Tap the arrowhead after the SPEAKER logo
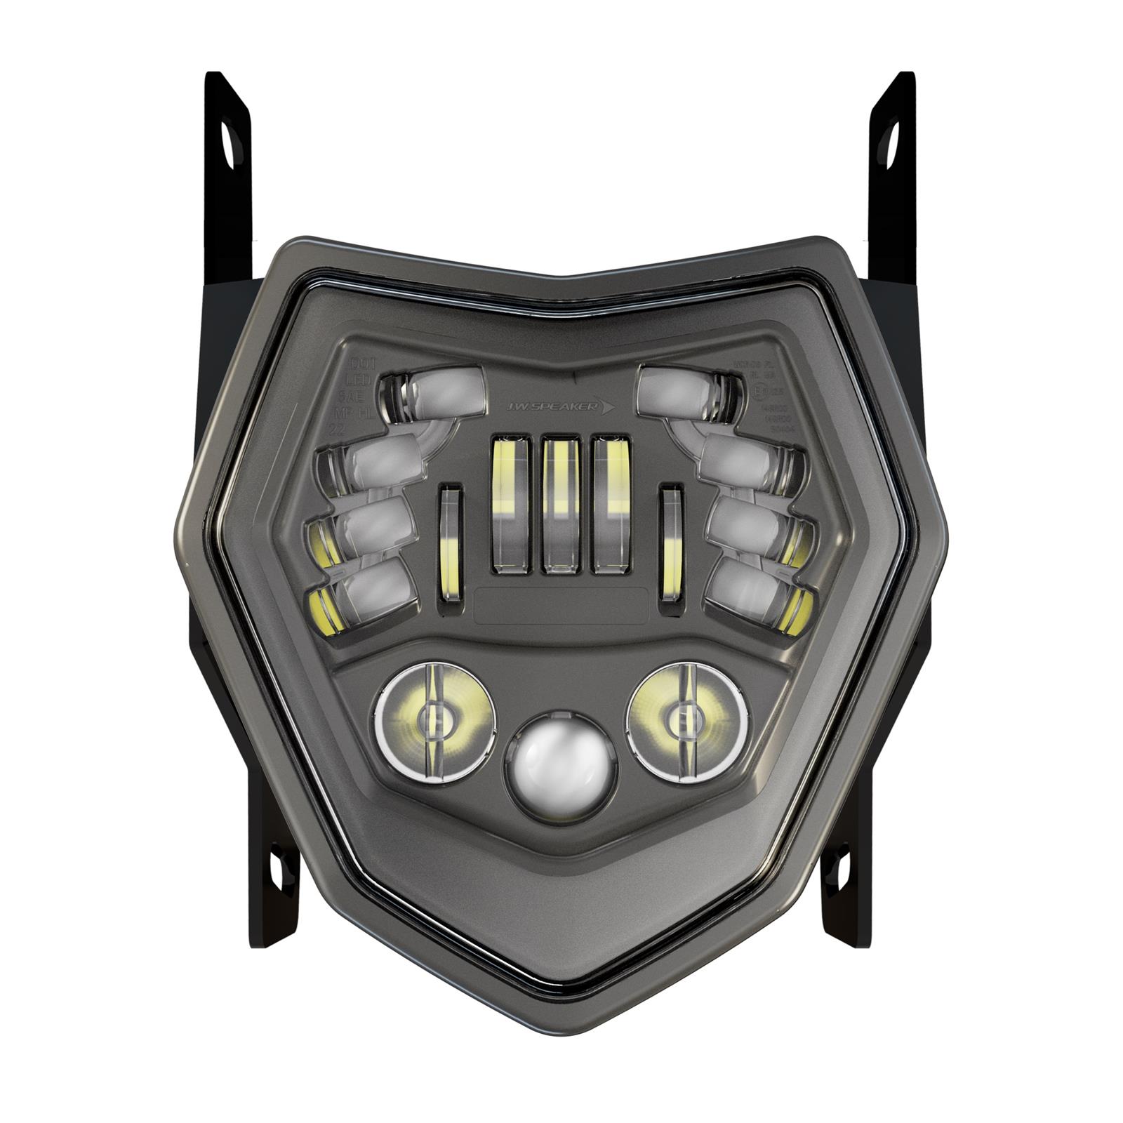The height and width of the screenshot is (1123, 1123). pos(605,406)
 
